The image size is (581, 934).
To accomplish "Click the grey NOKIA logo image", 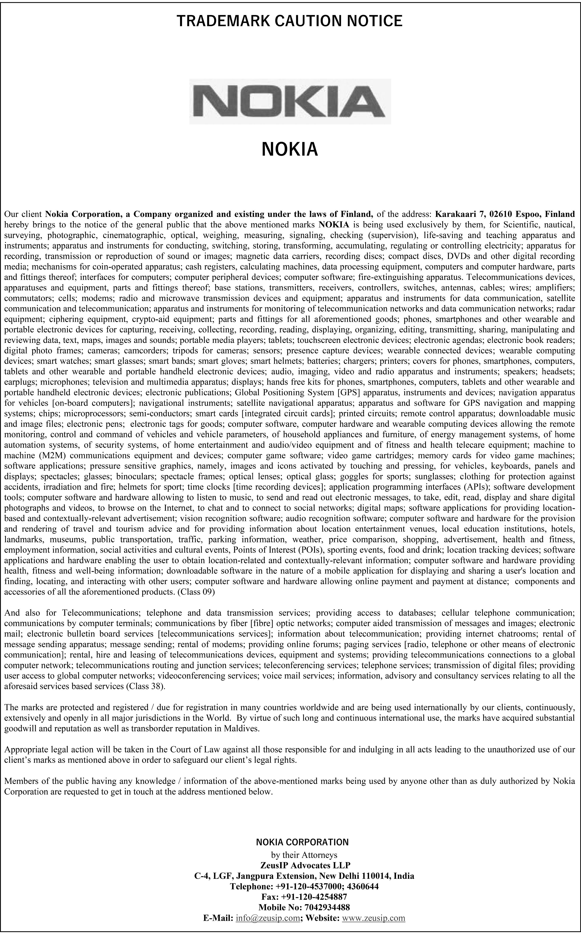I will tap(290, 101).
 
